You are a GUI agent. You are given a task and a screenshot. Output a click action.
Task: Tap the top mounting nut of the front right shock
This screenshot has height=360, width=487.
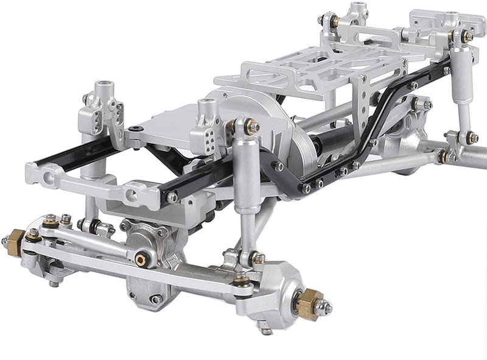251,127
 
